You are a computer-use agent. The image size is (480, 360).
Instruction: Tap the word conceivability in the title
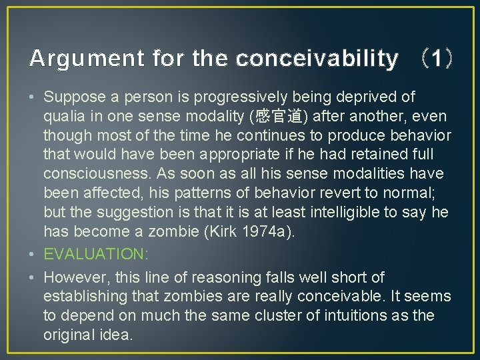[x=317, y=59]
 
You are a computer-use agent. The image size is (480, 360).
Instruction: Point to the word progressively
[x=237, y=97]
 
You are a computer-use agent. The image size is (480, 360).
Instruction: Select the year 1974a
[x=291, y=232]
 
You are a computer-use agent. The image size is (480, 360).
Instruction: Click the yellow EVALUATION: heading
[x=95, y=254]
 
